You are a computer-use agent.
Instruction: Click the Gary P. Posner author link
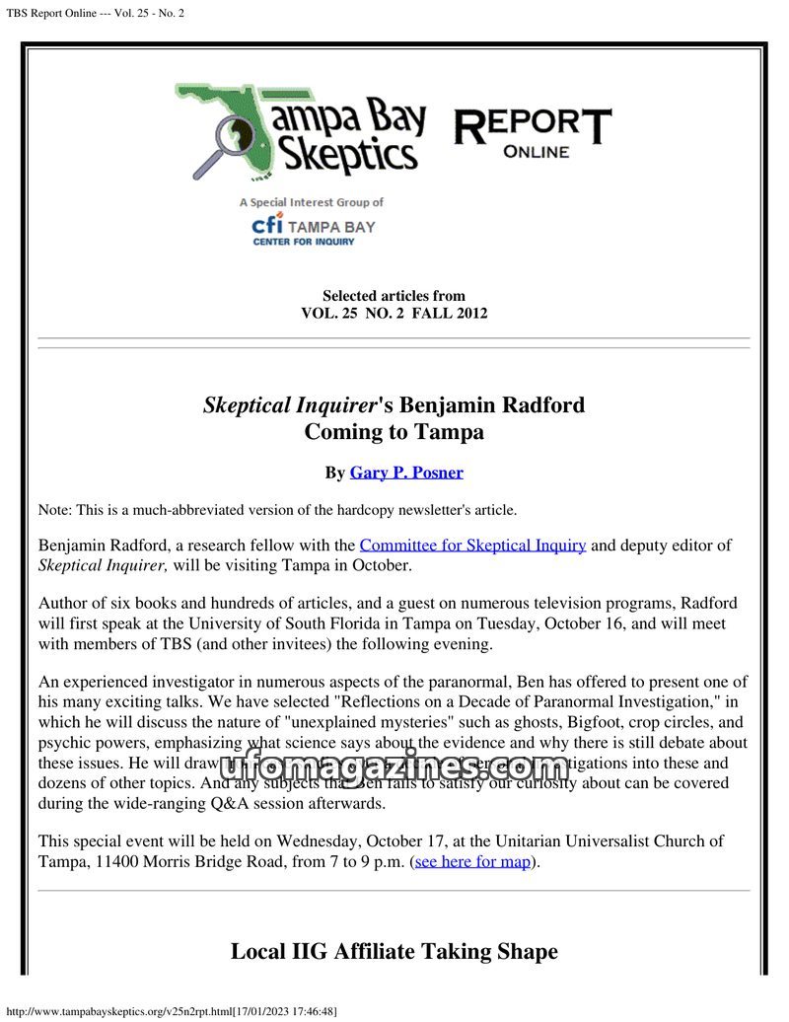pyautogui.click(x=406, y=473)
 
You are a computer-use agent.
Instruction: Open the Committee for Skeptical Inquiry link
pyautogui.click(x=472, y=545)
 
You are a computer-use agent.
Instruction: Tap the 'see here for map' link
pyautogui.click(x=473, y=861)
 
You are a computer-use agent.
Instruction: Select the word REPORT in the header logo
pyautogui.click(x=532, y=125)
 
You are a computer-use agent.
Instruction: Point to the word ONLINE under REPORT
pyautogui.click(x=536, y=152)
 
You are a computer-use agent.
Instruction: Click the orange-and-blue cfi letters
pyautogui.click(x=268, y=224)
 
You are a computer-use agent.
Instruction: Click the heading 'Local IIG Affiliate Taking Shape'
pyautogui.click(x=394, y=951)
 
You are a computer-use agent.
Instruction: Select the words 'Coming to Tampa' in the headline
pyautogui.click(x=394, y=431)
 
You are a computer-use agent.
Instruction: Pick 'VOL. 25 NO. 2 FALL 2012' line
pyautogui.click(x=394, y=314)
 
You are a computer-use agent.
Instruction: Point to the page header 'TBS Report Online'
pyautogui.click(x=95, y=12)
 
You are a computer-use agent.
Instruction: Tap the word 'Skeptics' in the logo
pyautogui.click(x=345, y=155)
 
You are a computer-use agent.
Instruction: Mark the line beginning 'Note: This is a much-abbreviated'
pyautogui.click(x=277, y=510)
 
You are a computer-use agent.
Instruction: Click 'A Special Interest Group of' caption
pyautogui.click(x=311, y=202)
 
